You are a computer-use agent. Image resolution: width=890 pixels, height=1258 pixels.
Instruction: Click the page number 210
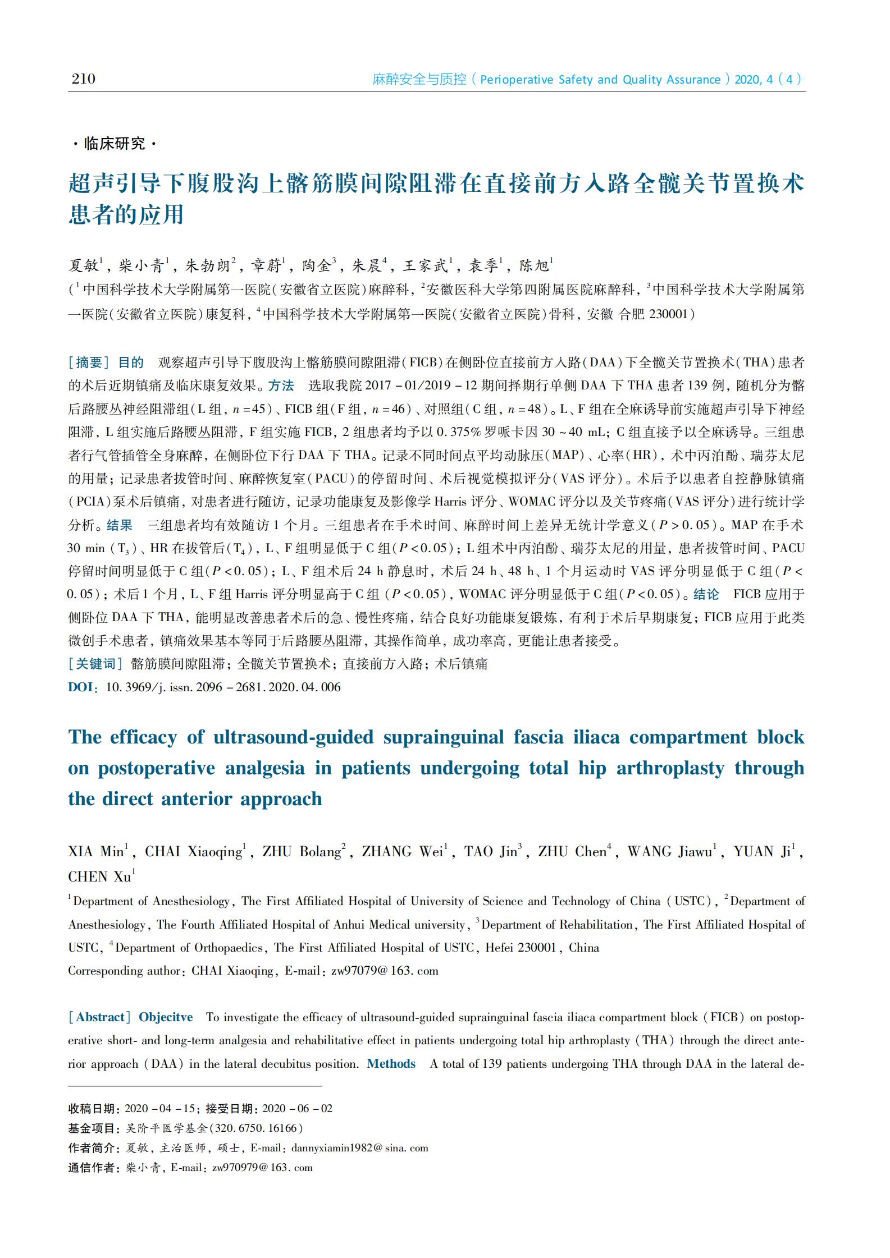(83, 79)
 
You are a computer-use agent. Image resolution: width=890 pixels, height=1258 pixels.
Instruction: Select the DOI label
(81, 687)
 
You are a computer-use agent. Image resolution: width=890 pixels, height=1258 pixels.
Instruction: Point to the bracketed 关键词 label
(95, 664)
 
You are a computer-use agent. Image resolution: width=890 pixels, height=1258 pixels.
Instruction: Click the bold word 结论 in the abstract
(706, 594)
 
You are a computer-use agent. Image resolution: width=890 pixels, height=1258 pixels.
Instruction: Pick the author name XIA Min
(96, 852)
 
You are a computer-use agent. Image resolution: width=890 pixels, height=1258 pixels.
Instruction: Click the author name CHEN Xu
(99, 876)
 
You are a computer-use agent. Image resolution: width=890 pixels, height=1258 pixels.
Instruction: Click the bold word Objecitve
(166, 1017)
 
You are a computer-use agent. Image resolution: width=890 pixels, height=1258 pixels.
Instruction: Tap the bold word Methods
(391, 1064)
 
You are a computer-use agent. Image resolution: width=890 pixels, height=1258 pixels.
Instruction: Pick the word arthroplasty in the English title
(670, 768)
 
